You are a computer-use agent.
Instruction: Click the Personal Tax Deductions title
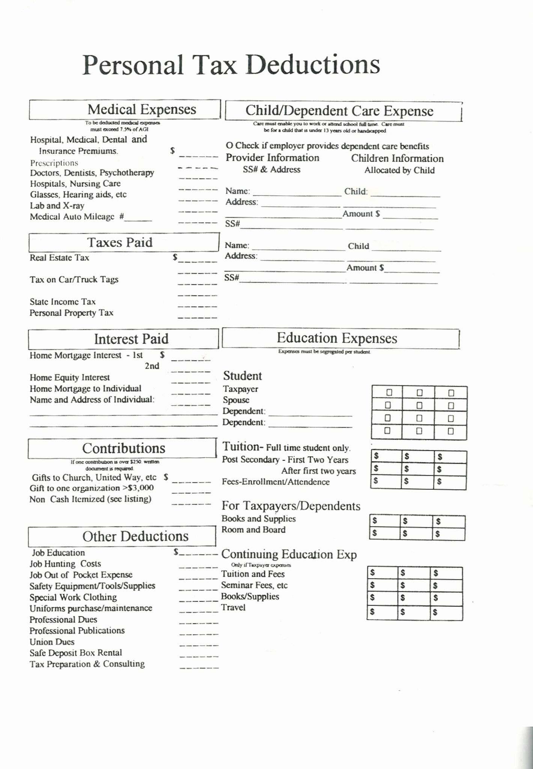(231, 65)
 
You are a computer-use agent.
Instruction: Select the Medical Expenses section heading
(142, 110)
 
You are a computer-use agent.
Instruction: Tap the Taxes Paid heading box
(120, 243)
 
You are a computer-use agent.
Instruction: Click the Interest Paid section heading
(131, 339)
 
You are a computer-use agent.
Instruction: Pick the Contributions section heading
(123, 448)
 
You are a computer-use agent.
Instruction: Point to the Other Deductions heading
(135, 537)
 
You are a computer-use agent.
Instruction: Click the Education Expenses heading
(337, 338)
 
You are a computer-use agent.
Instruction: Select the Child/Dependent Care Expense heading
(339, 111)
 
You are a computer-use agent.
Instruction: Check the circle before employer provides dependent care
(229, 146)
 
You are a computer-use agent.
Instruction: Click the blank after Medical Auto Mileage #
(138, 217)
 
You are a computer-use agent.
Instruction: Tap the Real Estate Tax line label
(59, 258)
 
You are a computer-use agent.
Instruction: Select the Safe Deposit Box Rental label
(76, 653)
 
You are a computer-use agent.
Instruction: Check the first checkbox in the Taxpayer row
(389, 392)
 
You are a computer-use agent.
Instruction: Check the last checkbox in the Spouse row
(451, 406)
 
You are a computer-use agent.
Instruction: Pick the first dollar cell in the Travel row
(381, 612)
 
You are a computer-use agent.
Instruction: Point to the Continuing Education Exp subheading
(289, 554)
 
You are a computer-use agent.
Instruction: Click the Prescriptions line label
(54, 163)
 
